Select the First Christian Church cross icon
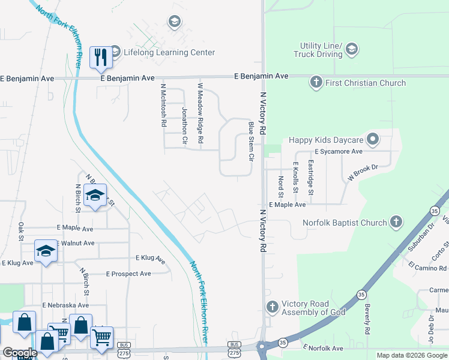316,82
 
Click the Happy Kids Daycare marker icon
373,140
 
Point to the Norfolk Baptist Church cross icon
396,223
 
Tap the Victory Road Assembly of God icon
272,307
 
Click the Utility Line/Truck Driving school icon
352,49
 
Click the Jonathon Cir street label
184,126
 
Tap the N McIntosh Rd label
163,105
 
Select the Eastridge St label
310,177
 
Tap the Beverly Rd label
367,319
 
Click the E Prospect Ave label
128,274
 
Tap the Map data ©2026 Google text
411,355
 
